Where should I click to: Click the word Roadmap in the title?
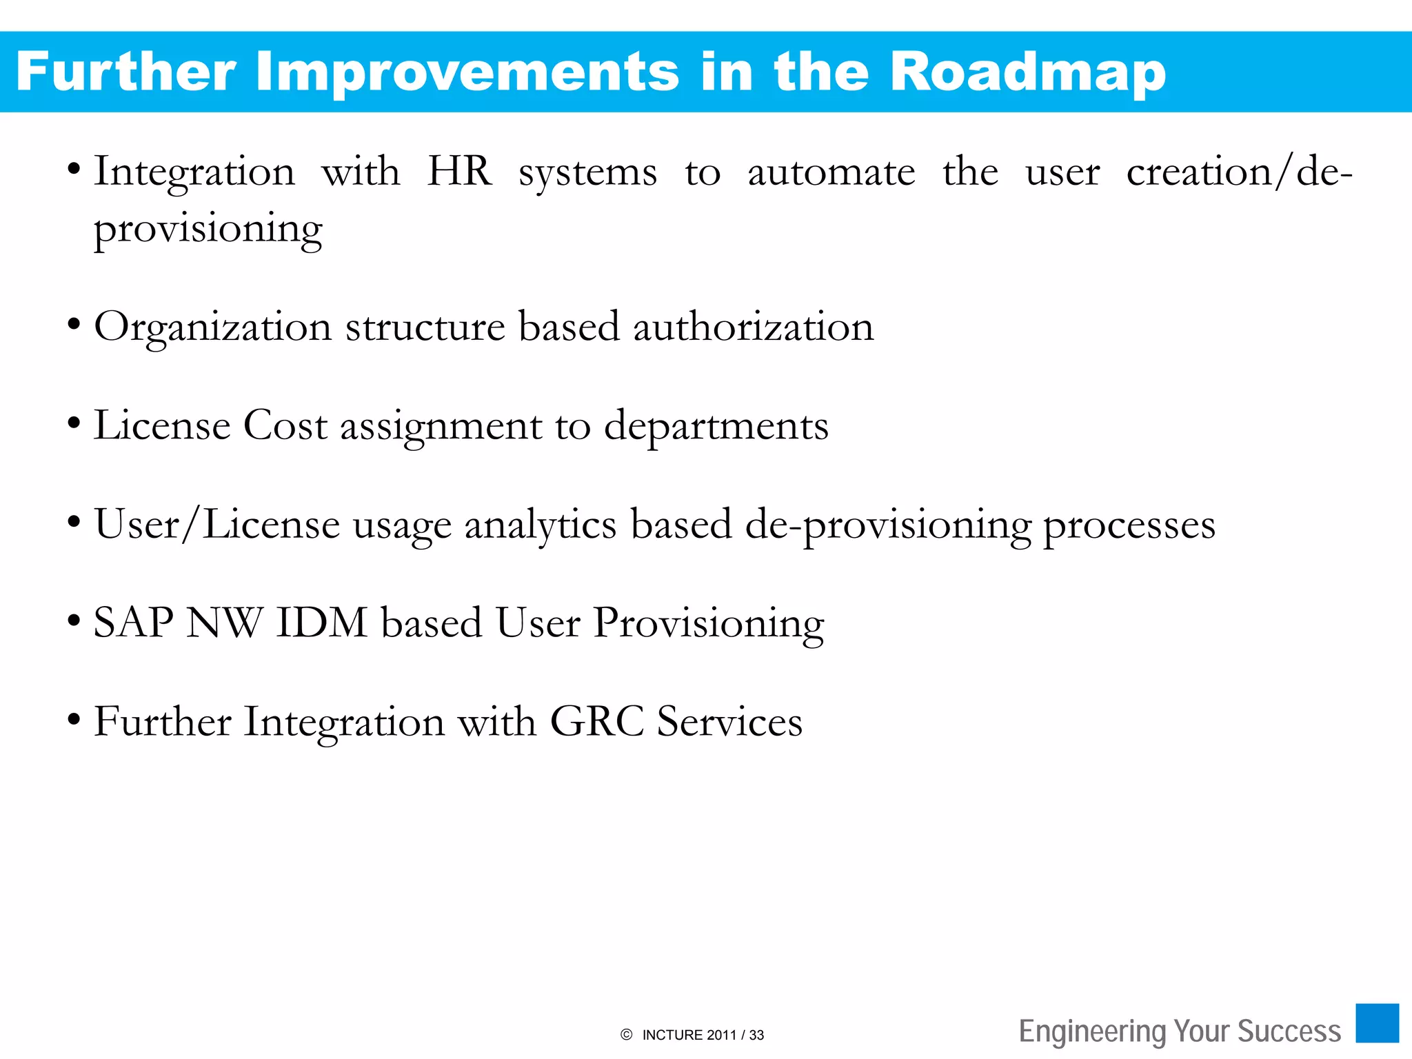1027,72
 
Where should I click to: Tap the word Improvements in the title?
467,72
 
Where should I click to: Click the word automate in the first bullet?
831,172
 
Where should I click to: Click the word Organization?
212,328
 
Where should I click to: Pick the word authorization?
753,327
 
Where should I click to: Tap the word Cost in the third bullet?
285,425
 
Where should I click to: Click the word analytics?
540,526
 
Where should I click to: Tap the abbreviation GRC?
596,722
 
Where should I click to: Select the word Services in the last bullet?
729,722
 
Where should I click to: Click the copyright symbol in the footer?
626,1034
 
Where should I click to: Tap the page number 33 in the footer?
756,1035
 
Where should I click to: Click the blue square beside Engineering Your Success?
1377,1023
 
